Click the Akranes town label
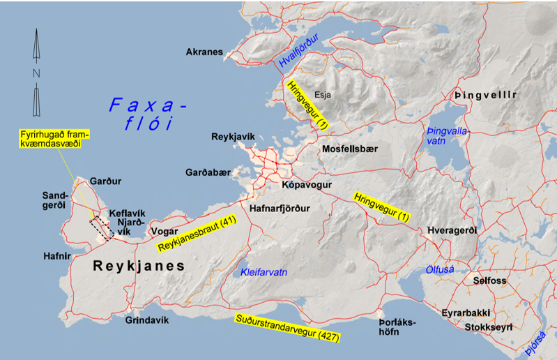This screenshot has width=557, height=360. pos(204,52)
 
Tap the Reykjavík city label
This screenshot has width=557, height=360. pos(233,137)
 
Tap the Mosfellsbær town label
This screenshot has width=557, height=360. pos(349,149)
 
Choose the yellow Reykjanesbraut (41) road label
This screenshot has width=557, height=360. pos(198,234)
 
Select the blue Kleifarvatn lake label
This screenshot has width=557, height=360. pos(264,272)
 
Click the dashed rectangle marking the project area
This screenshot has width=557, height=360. pos(102,228)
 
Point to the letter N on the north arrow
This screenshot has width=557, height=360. pos(36,73)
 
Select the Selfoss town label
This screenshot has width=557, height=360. pos(491,280)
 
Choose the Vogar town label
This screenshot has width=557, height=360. pos(165,231)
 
